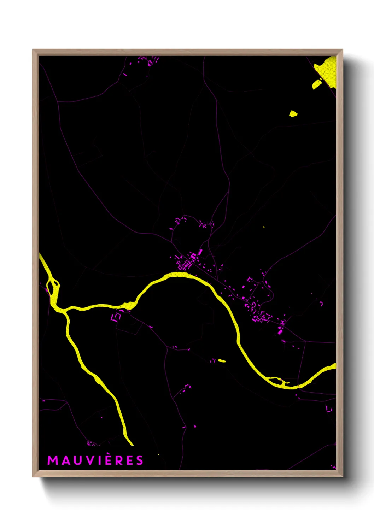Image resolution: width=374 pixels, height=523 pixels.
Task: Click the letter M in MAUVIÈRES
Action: (53, 460)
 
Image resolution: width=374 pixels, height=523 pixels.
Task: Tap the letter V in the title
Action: (90, 460)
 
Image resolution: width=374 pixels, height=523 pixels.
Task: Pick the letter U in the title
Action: (77, 460)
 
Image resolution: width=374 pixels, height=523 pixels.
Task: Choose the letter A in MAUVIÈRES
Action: (65, 460)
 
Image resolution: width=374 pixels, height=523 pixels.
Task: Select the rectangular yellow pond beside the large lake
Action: (317, 84)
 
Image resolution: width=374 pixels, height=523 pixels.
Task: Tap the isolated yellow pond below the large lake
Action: (293, 114)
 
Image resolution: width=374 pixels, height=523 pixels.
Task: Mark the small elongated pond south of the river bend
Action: (222, 361)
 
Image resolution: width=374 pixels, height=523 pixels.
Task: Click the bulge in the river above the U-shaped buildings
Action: (125, 305)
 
